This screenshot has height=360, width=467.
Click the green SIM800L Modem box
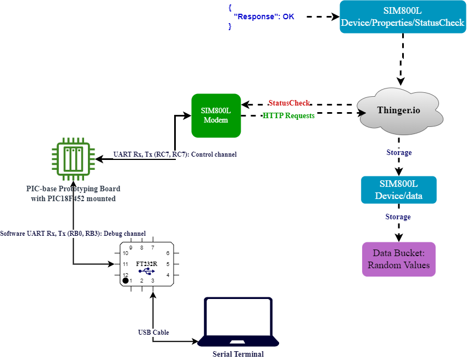216,115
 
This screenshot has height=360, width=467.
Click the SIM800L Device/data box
399,190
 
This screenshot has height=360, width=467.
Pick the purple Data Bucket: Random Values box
399,259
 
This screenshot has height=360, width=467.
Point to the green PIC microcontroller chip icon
73,159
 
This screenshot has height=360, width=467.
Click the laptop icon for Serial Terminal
238,322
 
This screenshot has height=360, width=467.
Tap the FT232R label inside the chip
147,263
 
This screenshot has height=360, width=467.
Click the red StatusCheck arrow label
289,103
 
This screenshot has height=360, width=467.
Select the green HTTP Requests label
288,116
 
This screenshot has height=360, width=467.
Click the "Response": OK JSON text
264,17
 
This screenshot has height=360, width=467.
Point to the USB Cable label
153,333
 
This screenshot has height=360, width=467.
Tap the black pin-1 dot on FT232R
125,281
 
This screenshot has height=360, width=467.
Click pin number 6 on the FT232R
168,253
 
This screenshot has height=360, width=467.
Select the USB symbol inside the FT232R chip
147,271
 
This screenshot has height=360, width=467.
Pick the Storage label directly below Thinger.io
399,152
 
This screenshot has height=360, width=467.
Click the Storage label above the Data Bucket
398,217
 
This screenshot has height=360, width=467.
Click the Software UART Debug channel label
73,234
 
